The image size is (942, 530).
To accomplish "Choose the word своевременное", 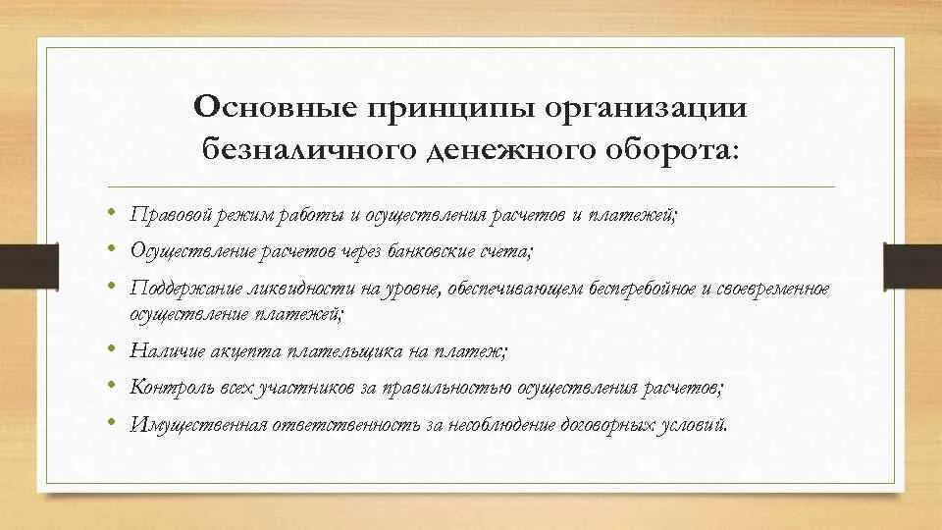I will (x=775, y=290).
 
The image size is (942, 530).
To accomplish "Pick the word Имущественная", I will (x=192, y=425).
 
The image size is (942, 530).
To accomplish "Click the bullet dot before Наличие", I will (x=114, y=348).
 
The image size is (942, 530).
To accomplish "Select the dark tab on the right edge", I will (x=914, y=265).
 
